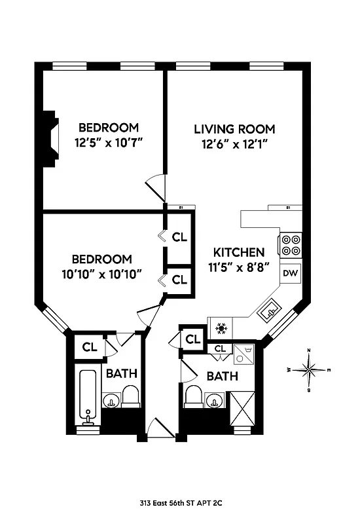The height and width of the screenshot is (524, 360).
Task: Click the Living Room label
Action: tap(234, 129)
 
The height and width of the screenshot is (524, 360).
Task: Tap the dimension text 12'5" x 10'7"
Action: tap(109, 141)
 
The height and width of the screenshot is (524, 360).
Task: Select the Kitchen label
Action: tap(239, 252)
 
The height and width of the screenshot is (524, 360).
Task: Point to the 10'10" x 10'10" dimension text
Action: tap(101, 273)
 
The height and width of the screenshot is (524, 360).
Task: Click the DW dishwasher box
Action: tap(289, 272)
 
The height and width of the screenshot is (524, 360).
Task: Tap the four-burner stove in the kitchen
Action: tap(290, 245)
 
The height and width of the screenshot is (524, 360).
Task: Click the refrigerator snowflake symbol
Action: tap(221, 326)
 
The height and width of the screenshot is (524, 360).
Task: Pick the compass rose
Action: tap(310, 370)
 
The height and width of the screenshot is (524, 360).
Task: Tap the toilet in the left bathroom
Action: tap(130, 396)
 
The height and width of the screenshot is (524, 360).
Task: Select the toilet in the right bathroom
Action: tap(193, 396)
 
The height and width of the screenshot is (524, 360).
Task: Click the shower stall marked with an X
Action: tap(242, 408)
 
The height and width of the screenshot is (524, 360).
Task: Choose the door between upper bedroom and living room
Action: tap(156, 187)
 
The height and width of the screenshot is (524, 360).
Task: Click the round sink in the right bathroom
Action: tap(213, 400)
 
